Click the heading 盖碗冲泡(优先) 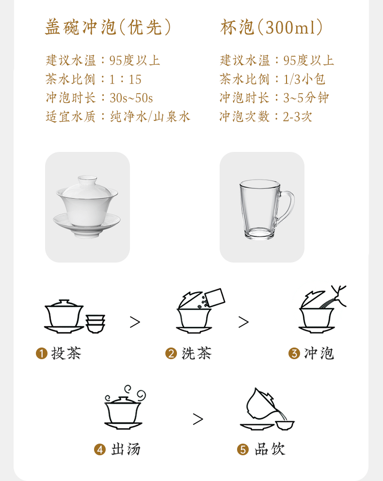coord(108,27)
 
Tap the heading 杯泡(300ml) coord(271,27)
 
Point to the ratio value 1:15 coord(125,80)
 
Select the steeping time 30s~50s coord(131,98)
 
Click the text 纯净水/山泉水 coord(150,116)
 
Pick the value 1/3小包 coord(304,80)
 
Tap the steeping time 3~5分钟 coord(306,98)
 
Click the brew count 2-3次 coord(297,116)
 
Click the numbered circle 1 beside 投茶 coord(42,353)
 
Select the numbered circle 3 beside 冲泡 coord(294,353)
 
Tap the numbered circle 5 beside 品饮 coord(243,450)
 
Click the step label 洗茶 coord(196,353)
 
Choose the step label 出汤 coord(126,450)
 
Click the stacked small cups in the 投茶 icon coord(96,324)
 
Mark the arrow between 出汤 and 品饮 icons coord(198,419)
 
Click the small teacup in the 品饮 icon coord(285,425)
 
